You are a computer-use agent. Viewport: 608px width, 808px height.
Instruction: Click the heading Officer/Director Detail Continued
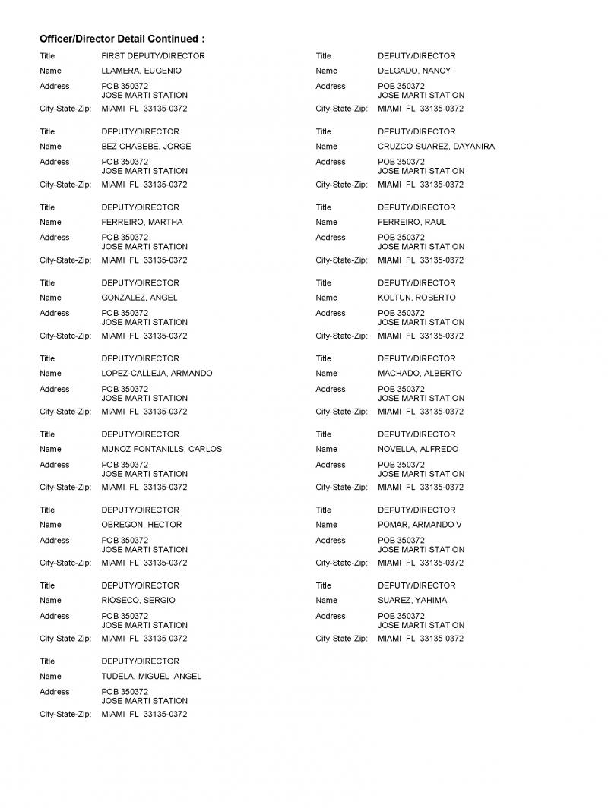pyautogui.click(x=122, y=39)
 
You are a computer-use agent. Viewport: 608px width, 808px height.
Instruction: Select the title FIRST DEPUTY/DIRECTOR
pyautogui.click(x=153, y=56)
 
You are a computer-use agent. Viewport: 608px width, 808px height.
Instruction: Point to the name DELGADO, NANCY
pyautogui.click(x=414, y=71)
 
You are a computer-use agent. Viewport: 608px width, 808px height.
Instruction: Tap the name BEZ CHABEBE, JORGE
pyautogui.click(x=146, y=147)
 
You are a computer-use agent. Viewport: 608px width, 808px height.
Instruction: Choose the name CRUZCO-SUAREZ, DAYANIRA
pyautogui.click(x=436, y=147)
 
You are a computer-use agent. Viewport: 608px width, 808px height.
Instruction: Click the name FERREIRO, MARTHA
pyautogui.click(x=142, y=223)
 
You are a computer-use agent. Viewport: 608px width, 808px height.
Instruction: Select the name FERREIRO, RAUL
pyautogui.click(x=412, y=223)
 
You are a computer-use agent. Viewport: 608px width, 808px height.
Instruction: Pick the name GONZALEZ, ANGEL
pyautogui.click(x=139, y=298)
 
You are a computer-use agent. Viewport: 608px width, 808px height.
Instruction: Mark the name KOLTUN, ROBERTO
pyautogui.click(x=416, y=298)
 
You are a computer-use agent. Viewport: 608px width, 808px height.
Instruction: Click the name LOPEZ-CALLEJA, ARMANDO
pyautogui.click(x=157, y=374)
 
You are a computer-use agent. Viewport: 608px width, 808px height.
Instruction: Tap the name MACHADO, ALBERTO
pyautogui.click(x=420, y=374)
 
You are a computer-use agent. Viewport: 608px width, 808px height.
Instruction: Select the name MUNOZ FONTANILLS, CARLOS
pyautogui.click(x=161, y=449)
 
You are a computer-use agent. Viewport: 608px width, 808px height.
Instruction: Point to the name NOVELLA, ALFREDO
pyautogui.click(x=418, y=449)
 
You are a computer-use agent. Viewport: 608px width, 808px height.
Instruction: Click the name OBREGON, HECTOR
pyautogui.click(x=141, y=525)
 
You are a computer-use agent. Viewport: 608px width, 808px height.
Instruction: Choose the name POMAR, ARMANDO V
pyautogui.click(x=420, y=525)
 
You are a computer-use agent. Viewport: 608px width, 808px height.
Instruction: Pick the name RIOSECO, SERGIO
pyautogui.click(x=138, y=601)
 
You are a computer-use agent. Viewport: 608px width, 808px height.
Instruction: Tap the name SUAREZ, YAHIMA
pyautogui.click(x=413, y=601)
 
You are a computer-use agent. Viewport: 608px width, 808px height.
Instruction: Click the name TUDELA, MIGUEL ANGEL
pyautogui.click(x=151, y=677)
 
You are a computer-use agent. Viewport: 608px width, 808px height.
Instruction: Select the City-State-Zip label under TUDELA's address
pyautogui.click(x=65, y=715)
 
